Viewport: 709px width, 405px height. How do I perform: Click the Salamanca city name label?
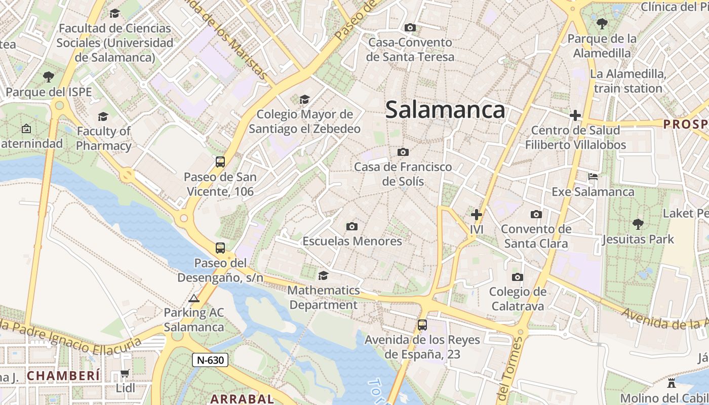pos(445,110)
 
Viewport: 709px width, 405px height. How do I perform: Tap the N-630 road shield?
pos(210,360)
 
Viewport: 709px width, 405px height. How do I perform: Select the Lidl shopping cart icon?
pos(125,374)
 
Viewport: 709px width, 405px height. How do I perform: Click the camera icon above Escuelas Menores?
pos(351,226)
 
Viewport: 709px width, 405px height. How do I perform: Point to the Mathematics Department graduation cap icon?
pos(323,275)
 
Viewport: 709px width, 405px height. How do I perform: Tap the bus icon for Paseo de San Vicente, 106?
pos(220,162)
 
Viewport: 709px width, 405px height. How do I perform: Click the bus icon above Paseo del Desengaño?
pos(220,248)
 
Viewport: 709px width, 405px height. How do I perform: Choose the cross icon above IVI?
pos(476,214)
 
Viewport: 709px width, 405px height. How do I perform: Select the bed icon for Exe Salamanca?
pos(593,177)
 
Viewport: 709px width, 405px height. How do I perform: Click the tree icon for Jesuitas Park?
pos(638,224)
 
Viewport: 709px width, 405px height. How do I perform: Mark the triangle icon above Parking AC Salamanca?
pos(194,298)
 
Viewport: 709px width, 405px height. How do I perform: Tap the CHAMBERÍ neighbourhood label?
pos(63,376)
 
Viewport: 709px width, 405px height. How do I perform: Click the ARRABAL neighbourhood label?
pos(242,398)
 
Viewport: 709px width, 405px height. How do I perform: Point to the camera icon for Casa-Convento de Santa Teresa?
pos(410,27)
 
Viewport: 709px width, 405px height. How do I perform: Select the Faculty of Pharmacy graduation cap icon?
pos(103,116)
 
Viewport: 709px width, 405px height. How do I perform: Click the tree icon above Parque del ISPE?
pos(49,77)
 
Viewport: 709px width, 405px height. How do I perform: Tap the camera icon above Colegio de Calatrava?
pos(517,277)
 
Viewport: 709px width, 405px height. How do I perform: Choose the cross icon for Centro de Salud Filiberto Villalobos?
pos(575,115)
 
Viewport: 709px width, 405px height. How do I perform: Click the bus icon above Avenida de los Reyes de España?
pos(422,325)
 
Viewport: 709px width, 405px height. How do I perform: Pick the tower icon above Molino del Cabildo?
pos(672,382)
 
